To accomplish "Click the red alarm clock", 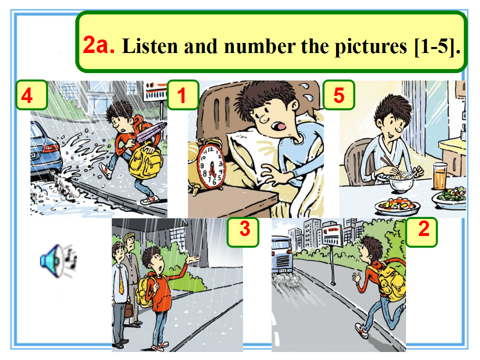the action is tap(210, 165).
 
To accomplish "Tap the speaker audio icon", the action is tap(58, 260).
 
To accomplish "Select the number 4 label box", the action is tap(31, 95).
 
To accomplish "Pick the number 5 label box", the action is tap(339, 95).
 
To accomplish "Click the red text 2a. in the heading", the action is tap(98, 45).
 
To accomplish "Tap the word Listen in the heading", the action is tap(150, 46).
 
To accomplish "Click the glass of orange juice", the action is tap(440, 176).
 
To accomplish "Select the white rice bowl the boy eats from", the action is tap(400, 182).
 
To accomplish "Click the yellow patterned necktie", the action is tap(121, 280).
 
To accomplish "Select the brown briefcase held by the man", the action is tap(129, 310).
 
